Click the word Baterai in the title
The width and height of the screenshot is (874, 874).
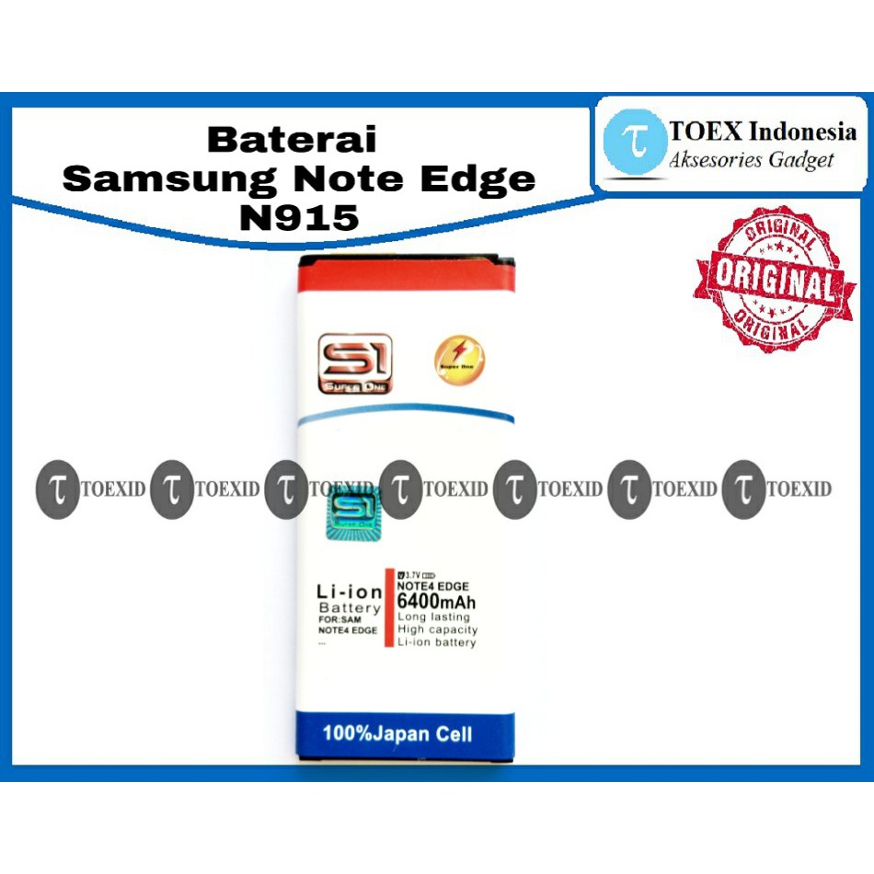292,141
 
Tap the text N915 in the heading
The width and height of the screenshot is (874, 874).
298,217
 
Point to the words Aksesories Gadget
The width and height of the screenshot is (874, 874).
752,160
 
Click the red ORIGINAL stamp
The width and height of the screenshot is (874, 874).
769,278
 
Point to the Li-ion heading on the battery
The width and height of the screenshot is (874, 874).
349,592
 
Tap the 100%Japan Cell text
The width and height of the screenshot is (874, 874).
397,734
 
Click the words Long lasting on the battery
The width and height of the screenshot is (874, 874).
433,617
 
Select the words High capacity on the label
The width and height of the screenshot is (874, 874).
437,630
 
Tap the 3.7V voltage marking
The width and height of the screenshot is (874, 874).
410,575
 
